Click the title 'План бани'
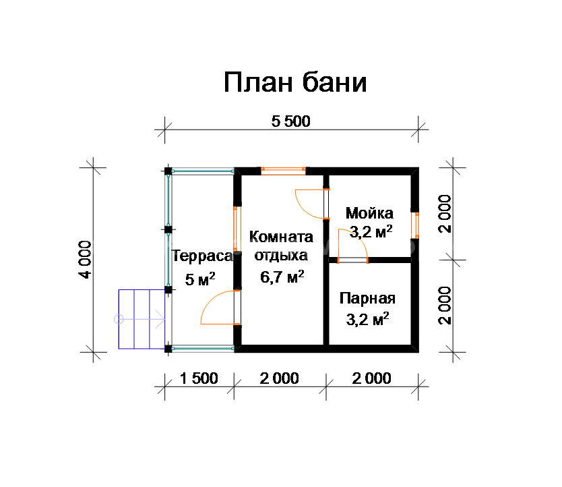(x=295, y=82)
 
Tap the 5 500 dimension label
(x=290, y=121)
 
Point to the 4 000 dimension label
(x=86, y=260)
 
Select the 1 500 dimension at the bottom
(x=199, y=378)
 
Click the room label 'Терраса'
(x=203, y=256)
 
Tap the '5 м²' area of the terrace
(x=200, y=279)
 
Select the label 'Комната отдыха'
(x=281, y=246)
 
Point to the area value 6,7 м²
(x=282, y=277)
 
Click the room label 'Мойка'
(x=369, y=213)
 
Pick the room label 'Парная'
(x=367, y=298)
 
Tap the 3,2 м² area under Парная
(x=367, y=319)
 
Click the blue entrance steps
(x=142, y=319)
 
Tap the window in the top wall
(x=283, y=171)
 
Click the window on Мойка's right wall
(x=415, y=225)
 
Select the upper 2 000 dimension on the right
(x=445, y=214)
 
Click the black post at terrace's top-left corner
(x=168, y=171)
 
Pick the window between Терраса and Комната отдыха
(x=237, y=229)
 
